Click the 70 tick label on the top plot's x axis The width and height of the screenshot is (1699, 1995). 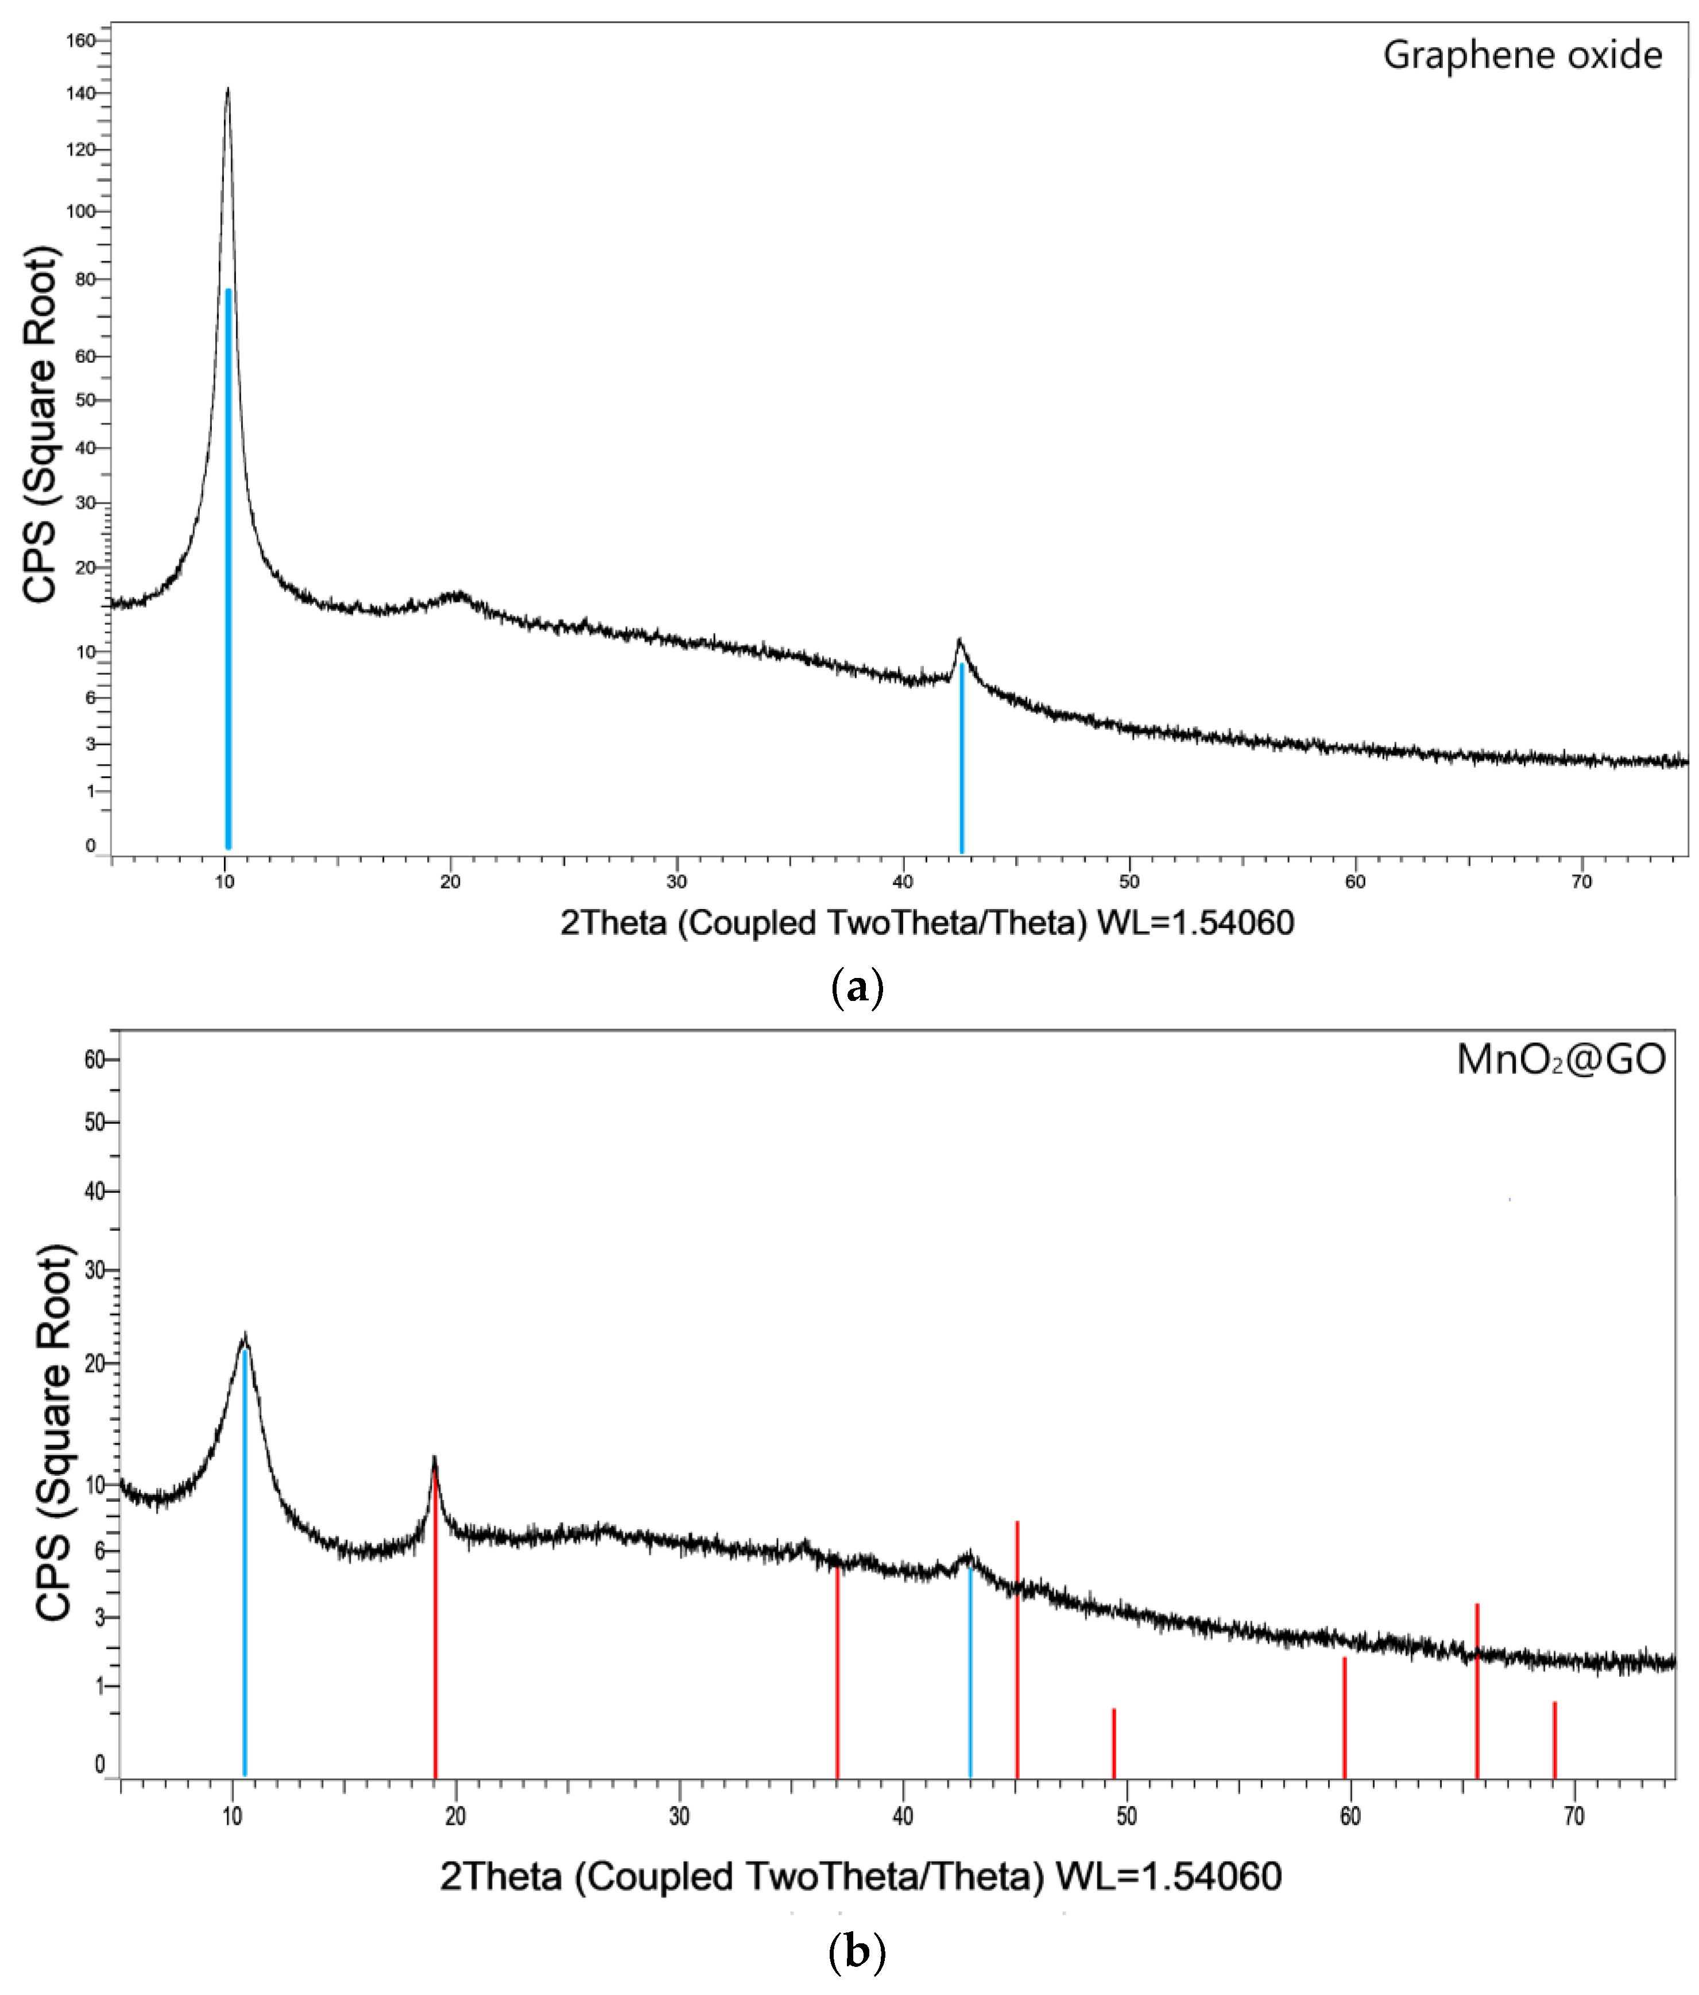[x=1581, y=882]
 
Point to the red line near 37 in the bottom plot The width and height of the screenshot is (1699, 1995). [x=838, y=1675]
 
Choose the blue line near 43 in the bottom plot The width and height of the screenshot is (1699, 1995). [x=970, y=1675]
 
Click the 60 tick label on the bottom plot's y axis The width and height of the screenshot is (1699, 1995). [x=94, y=1060]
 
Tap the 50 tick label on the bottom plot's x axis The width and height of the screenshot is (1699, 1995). [x=1126, y=1817]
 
